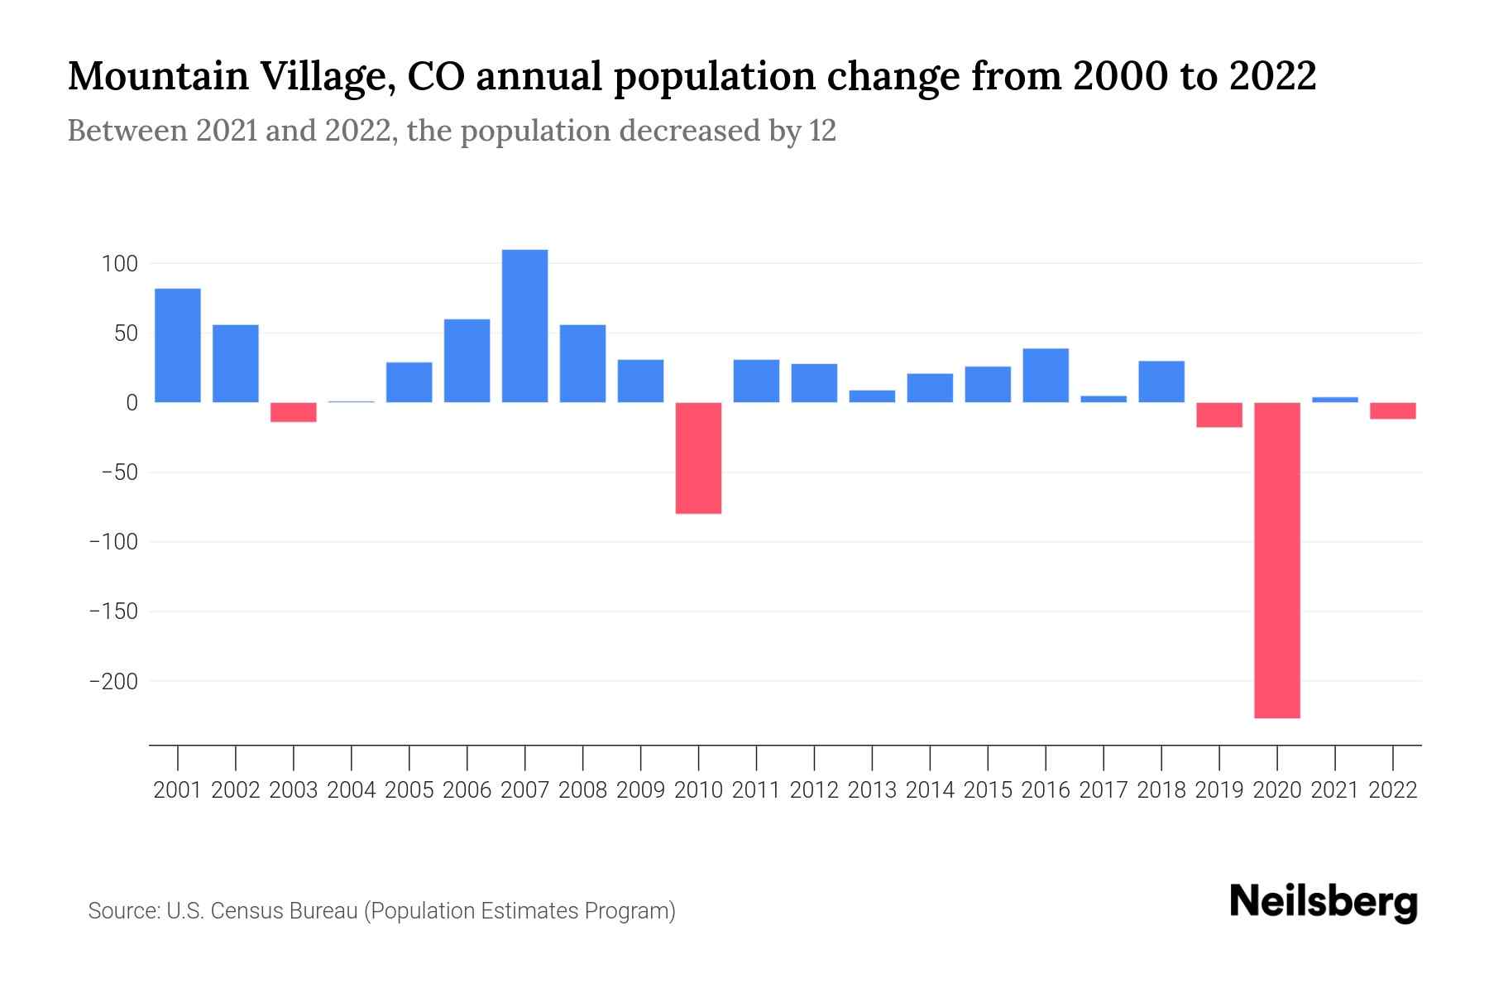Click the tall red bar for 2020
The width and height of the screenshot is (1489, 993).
[1277, 560]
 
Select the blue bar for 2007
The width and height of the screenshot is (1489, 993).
[524, 326]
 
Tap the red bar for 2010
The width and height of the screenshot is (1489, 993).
[698, 458]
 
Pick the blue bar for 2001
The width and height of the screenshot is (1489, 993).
[178, 345]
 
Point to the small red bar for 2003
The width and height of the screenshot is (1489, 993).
[294, 412]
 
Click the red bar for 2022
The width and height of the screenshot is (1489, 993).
[1393, 410]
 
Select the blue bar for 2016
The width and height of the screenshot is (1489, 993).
[1046, 376]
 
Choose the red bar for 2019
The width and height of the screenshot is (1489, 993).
[1219, 415]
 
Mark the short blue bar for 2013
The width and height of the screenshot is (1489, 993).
[872, 396]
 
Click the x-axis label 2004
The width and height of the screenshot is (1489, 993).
[352, 790]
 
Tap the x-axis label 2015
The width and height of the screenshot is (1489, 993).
[988, 790]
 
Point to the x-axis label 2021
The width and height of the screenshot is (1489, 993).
[1335, 790]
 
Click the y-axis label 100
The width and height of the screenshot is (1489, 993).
[119, 264]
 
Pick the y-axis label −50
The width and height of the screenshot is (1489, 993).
[118, 473]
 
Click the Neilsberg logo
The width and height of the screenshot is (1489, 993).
[1324, 902]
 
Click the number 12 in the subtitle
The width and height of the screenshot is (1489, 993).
[822, 131]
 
